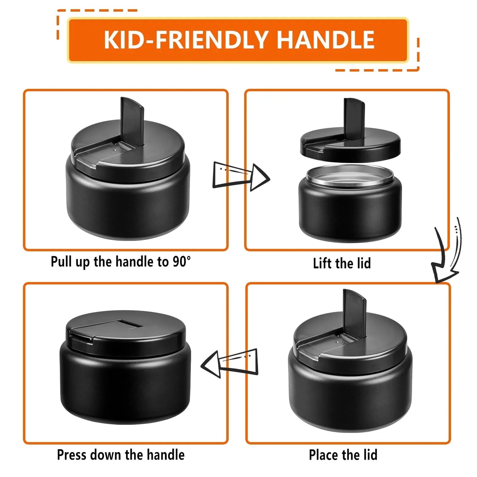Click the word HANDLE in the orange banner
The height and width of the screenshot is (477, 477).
(x=325, y=40)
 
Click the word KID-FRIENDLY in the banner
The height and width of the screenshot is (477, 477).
(x=186, y=40)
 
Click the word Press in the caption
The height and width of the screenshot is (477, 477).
(x=72, y=454)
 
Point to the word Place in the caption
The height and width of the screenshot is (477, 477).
(x=324, y=455)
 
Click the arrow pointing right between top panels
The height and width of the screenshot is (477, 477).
(x=241, y=177)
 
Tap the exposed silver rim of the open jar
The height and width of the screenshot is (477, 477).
(x=350, y=176)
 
